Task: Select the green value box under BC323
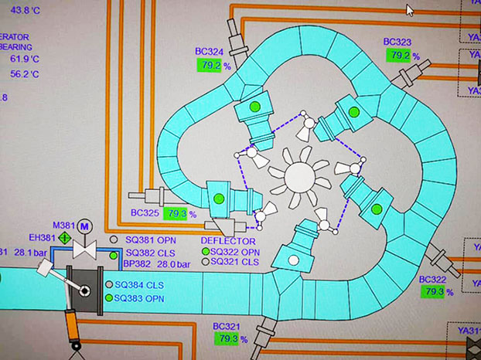coord(400,56)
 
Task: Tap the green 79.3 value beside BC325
coord(176,214)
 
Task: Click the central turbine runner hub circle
coord(302,178)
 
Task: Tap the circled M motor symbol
coord(85,225)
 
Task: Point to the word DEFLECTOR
coord(227,241)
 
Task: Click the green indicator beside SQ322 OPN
coord(206,252)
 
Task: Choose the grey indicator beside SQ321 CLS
coord(206,262)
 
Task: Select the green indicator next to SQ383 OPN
coord(109,297)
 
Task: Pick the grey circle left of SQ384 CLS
coord(109,284)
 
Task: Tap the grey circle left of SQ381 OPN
coord(114,240)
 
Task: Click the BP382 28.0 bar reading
coord(151,264)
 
